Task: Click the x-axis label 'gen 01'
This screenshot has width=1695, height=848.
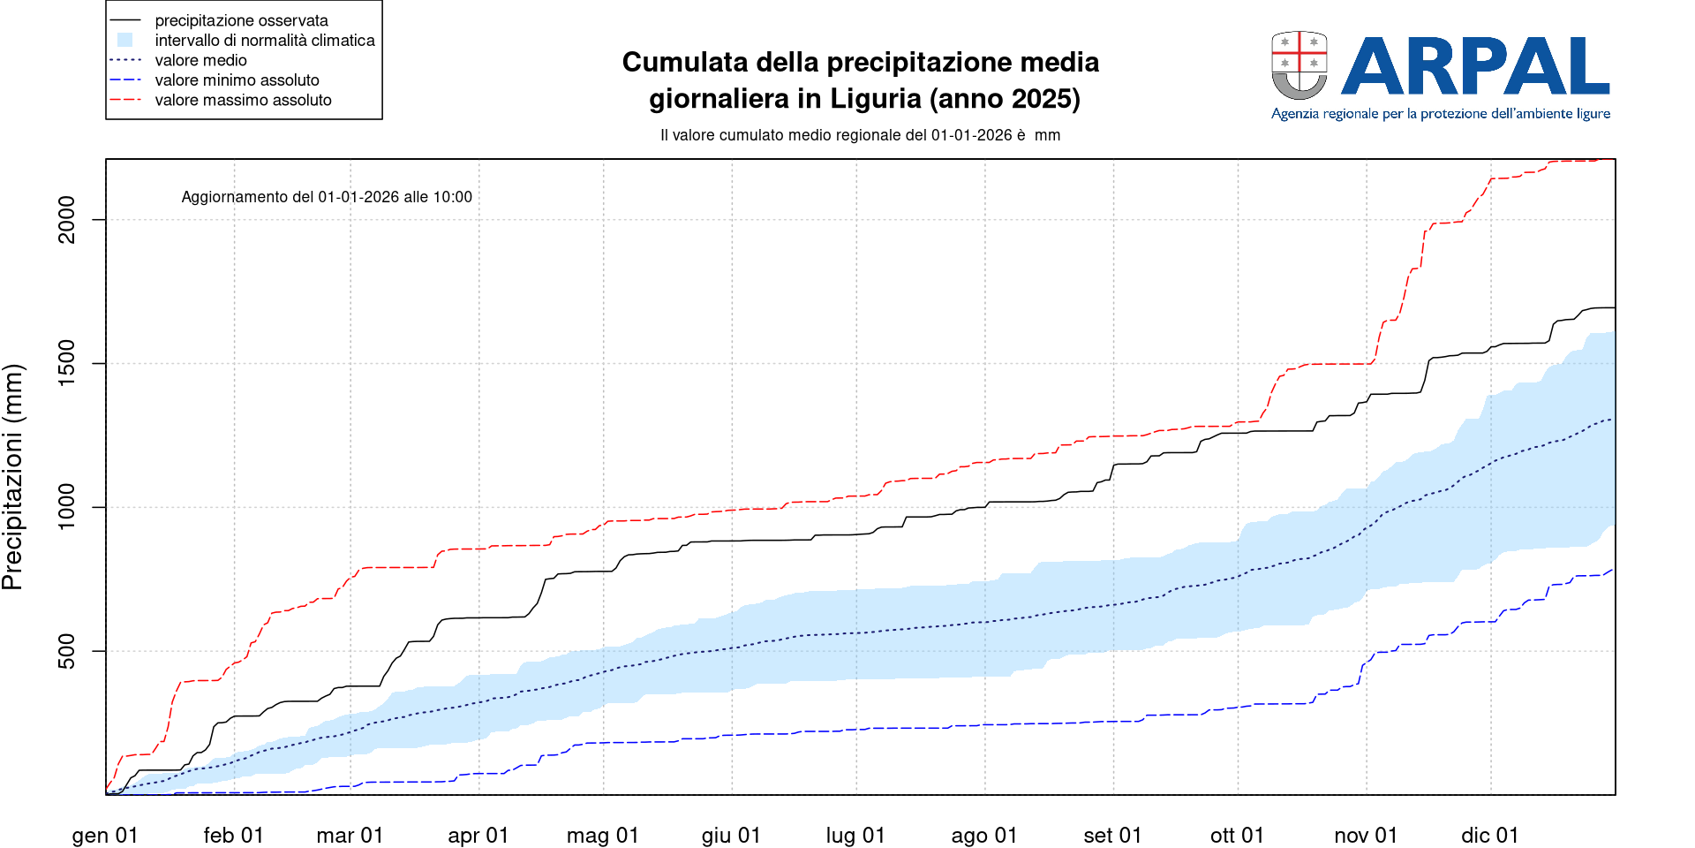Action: (x=105, y=835)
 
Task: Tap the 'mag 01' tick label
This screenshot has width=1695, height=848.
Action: (x=602, y=835)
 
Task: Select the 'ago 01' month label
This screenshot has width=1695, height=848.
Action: (x=983, y=835)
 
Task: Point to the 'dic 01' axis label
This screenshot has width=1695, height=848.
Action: (x=1489, y=835)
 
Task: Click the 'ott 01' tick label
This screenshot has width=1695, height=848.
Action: (x=1237, y=835)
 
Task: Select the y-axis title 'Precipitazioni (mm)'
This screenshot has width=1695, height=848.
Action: (x=12, y=477)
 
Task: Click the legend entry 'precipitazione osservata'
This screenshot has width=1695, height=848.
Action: (x=241, y=20)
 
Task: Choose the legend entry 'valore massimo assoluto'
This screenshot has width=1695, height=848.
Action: (x=243, y=100)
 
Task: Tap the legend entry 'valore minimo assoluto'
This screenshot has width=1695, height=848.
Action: (x=237, y=80)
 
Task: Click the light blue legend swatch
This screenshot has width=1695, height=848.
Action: (x=124, y=40)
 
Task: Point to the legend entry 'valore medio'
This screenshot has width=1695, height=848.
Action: (x=200, y=60)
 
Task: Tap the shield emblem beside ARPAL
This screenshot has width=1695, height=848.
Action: (x=1299, y=65)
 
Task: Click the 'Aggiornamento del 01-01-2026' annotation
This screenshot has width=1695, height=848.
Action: (x=327, y=197)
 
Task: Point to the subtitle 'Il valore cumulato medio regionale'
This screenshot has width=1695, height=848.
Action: (x=860, y=135)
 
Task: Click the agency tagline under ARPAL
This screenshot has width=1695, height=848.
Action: (x=1440, y=114)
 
